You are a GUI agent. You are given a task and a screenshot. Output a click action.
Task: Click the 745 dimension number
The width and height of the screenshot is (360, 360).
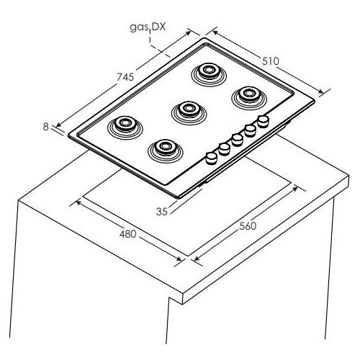point(125,77)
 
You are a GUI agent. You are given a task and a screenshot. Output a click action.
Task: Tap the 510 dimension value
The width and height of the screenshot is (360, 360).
point(271,61)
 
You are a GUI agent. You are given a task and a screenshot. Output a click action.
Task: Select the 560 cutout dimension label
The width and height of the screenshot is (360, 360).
point(248,226)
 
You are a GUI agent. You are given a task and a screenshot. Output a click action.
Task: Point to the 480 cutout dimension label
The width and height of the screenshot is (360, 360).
point(127,234)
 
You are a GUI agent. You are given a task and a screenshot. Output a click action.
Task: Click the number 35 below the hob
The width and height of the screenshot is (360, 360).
point(161,212)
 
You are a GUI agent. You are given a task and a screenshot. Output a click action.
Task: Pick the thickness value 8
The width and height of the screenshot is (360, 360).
point(45,127)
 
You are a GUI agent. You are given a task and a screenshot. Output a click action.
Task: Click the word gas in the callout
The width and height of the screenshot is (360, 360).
point(139,27)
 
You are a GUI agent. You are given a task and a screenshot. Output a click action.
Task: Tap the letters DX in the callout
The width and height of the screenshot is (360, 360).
point(159,27)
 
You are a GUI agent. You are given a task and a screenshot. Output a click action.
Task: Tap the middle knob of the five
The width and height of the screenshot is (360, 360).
point(237,140)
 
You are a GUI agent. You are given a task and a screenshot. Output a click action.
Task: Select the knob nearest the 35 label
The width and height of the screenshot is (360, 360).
point(212,158)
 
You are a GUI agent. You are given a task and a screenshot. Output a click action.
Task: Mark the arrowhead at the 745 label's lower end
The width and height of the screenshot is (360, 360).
point(58,125)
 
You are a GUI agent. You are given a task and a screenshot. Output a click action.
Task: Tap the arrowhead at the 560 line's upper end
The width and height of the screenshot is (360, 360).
point(295,189)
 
